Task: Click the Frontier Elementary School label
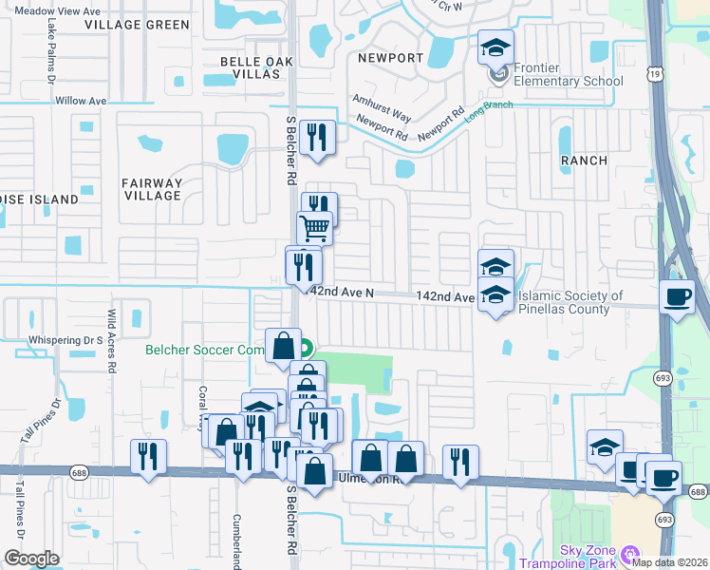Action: [568, 74]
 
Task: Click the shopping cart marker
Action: [314, 227]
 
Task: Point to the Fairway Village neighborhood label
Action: [152, 189]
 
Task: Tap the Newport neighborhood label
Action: [390, 58]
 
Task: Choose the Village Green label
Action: [137, 25]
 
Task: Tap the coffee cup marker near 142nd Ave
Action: [677, 295]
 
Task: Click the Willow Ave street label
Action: [82, 101]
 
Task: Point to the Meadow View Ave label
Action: [58, 11]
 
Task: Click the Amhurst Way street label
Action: [382, 107]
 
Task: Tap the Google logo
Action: [31, 558]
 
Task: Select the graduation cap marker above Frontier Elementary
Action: [494, 46]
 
